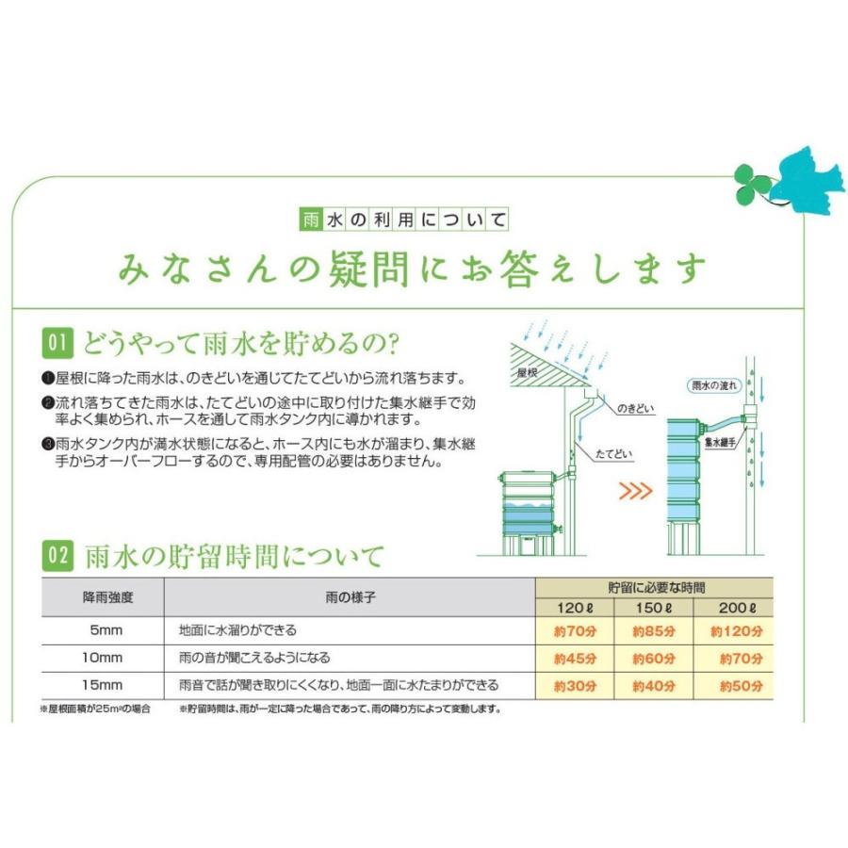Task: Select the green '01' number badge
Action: click(57, 341)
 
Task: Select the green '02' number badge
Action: click(57, 557)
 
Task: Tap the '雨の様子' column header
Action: click(349, 597)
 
